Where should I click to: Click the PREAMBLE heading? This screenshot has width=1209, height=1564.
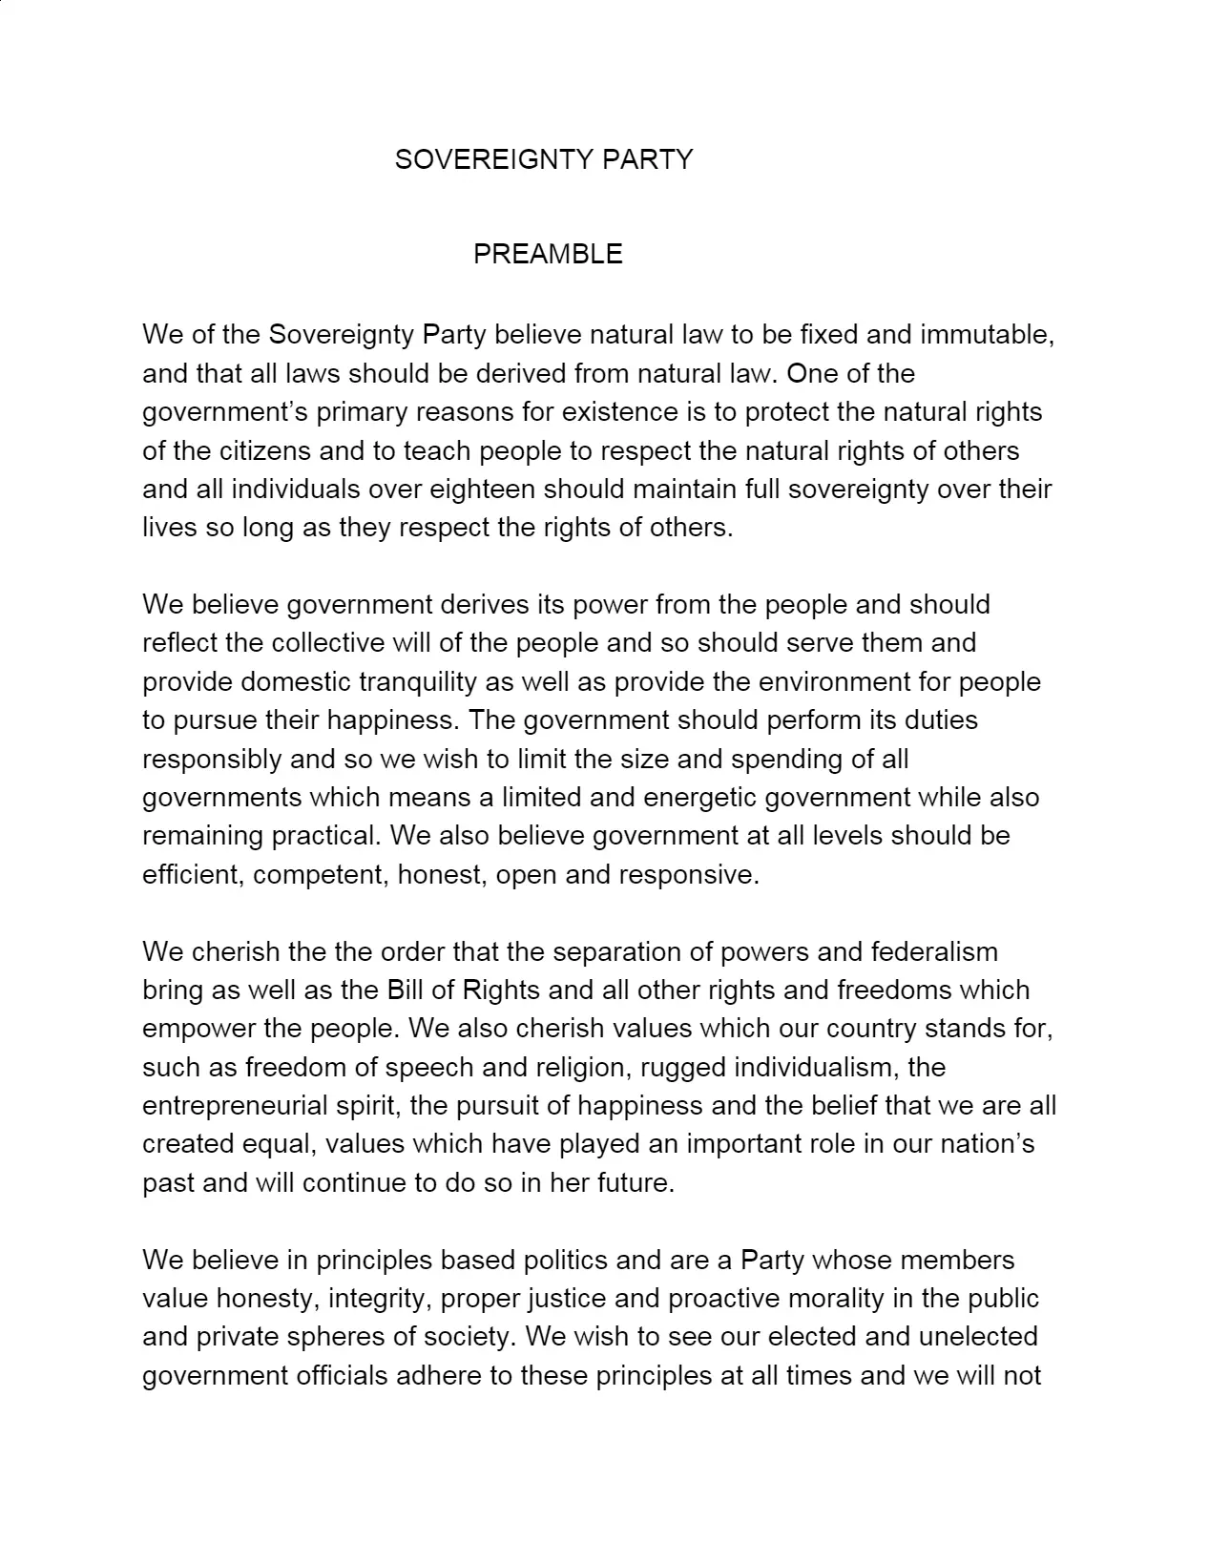(x=548, y=254)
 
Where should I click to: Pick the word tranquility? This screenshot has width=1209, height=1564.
(x=417, y=682)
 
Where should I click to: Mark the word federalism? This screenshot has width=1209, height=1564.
(x=934, y=952)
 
